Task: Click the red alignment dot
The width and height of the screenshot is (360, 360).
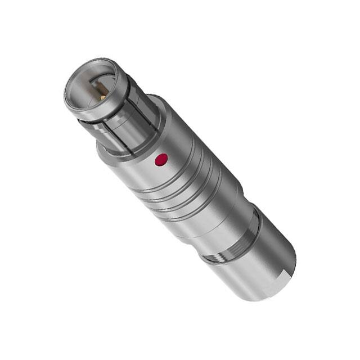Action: [x=161, y=160]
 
